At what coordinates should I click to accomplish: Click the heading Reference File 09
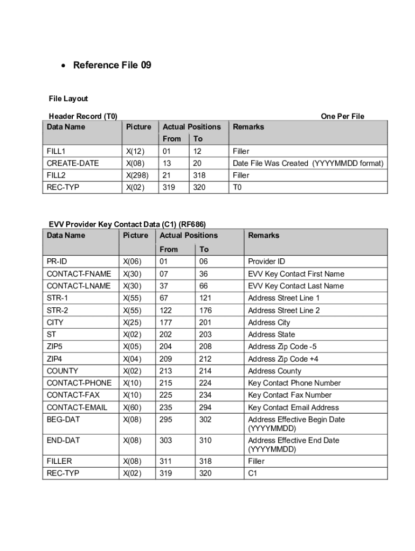pos(112,65)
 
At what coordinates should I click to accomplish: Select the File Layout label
pos(68,98)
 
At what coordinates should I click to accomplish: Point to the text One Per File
pos(342,116)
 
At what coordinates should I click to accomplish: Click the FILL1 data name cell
pos(56,151)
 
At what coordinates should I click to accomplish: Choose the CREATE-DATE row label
pos(73,163)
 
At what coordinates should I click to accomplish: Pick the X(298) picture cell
pos(137,175)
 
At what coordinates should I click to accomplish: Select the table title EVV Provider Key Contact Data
pos(127,224)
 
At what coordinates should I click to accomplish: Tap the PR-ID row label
pos(57,262)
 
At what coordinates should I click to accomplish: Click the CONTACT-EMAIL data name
pos(77,407)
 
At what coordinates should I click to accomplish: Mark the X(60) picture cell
pos(133,407)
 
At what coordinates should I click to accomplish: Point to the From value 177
pos(165,322)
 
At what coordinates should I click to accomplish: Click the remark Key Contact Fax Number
pos(289,395)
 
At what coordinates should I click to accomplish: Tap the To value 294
pos(205,407)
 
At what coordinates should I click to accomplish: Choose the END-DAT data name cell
pos(64,440)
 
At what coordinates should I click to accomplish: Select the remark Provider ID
pos(266,262)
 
